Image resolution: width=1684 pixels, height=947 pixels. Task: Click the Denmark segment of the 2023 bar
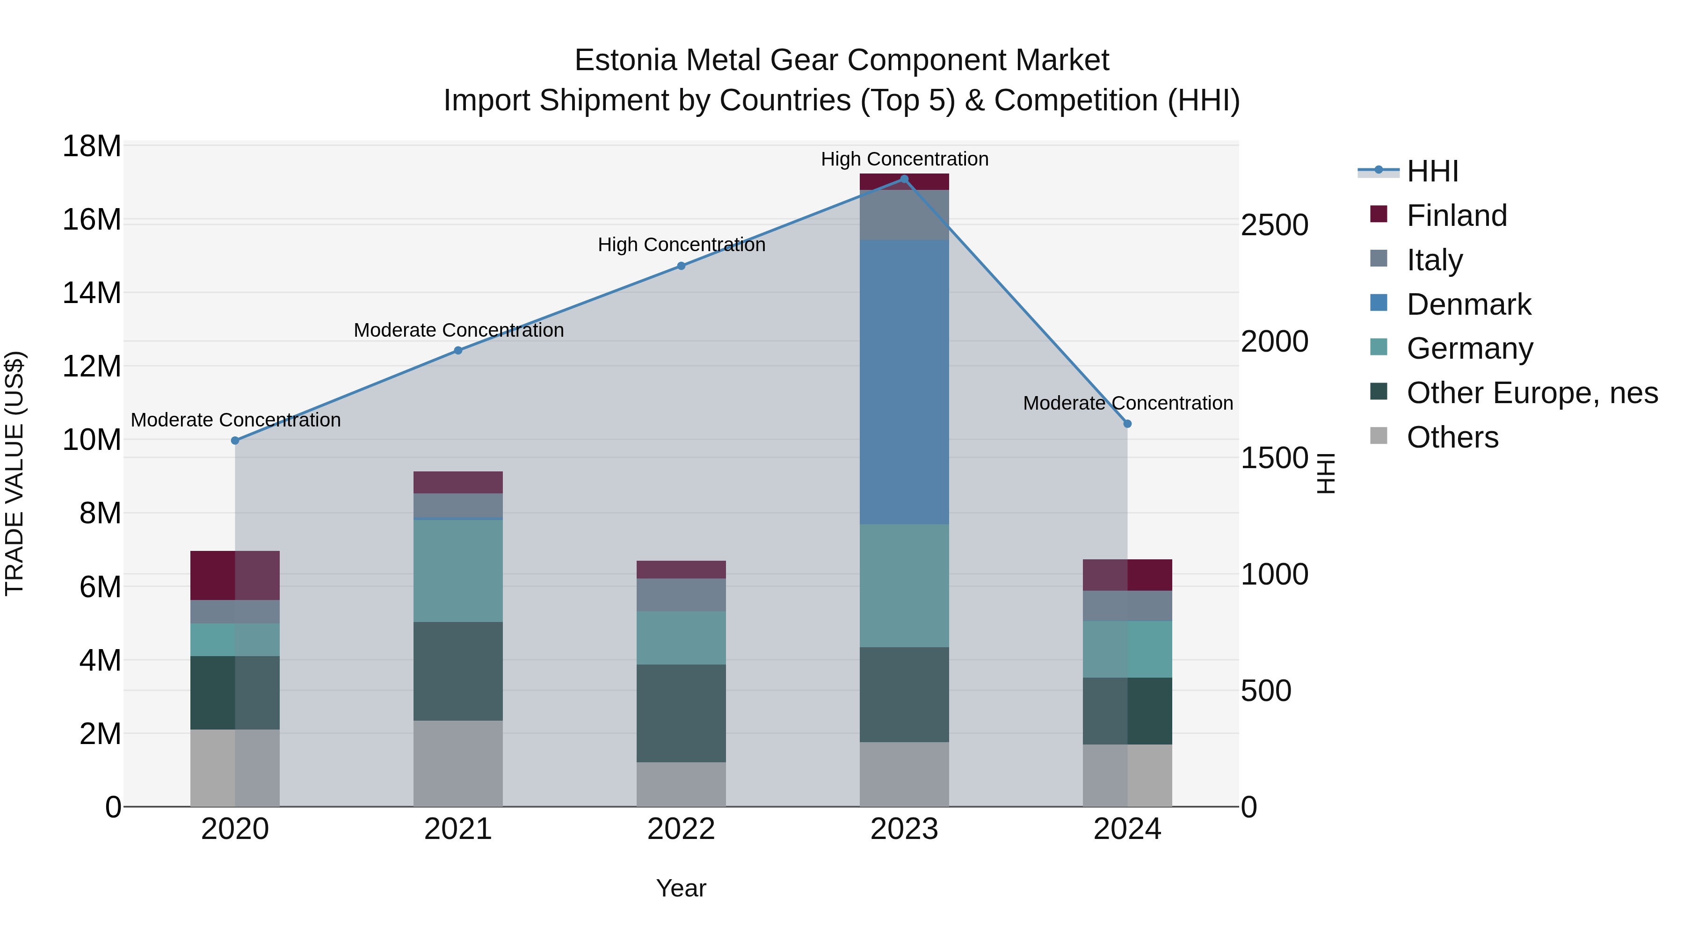[x=904, y=383]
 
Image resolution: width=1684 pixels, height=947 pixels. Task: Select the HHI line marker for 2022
[x=681, y=266]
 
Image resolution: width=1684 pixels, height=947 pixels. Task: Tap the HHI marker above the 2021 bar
[x=458, y=350]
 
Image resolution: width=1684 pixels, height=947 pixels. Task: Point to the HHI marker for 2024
[x=1127, y=424]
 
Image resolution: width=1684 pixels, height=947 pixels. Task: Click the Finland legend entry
[x=1457, y=216]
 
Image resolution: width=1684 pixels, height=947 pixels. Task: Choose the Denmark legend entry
[x=1468, y=304]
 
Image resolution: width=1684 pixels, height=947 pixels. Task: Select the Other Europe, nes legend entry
[x=1532, y=393]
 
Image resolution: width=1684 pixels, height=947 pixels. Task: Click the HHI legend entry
[x=1432, y=171]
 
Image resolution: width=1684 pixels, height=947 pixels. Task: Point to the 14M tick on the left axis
[x=92, y=293]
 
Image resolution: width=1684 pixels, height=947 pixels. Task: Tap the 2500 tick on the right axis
[x=1274, y=225]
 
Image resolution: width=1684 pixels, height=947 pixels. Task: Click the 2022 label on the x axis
[x=681, y=829]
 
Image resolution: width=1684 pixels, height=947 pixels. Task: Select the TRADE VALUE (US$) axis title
[x=15, y=473]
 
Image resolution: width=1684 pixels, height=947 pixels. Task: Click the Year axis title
[x=681, y=888]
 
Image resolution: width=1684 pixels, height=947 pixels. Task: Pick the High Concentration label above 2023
[x=904, y=159]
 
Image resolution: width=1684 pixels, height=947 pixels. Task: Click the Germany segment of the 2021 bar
[x=458, y=571]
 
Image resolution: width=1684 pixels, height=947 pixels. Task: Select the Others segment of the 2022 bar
[x=681, y=784]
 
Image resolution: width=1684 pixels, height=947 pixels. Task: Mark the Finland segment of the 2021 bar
[x=458, y=482]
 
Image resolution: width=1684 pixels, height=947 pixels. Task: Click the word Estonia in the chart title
[x=625, y=60]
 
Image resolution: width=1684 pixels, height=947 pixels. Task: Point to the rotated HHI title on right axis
[x=1326, y=473]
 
